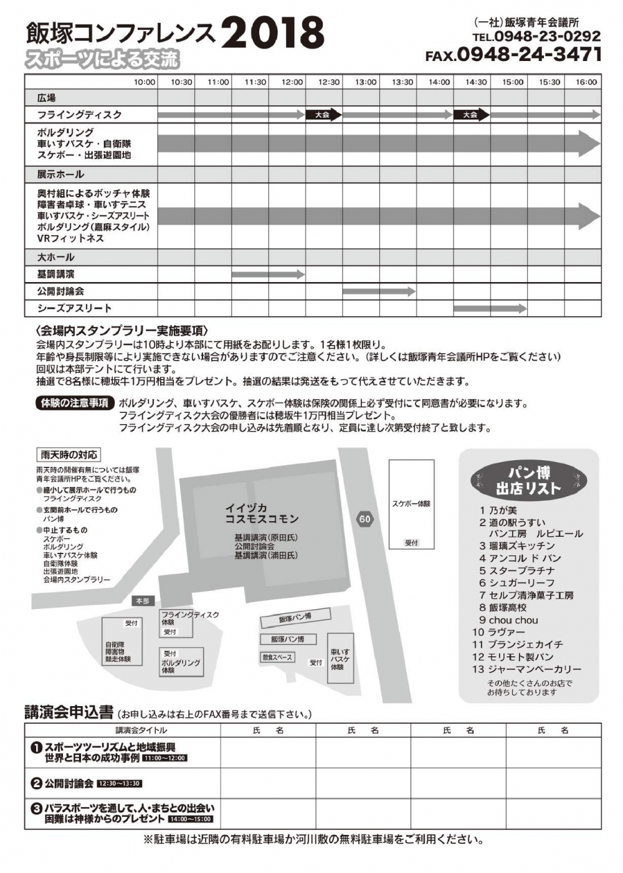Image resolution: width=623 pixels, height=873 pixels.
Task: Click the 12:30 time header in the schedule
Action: click(329, 82)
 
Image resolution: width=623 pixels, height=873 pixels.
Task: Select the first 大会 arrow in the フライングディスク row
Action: click(323, 115)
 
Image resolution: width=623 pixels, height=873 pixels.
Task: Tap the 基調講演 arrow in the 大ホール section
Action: click(268, 274)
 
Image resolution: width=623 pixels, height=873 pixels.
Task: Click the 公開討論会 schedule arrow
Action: click(379, 291)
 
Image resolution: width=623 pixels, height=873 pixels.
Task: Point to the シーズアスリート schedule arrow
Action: click(490, 308)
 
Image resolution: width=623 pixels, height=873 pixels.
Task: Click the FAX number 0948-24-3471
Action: click(530, 55)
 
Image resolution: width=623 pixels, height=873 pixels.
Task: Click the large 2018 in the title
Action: click(273, 32)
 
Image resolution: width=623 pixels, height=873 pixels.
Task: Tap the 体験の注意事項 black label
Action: click(74, 403)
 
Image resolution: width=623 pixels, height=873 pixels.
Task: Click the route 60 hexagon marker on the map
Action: click(364, 519)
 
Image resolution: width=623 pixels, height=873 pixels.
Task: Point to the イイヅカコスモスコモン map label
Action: click(262, 514)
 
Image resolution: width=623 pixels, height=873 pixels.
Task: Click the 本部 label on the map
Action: click(143, 601)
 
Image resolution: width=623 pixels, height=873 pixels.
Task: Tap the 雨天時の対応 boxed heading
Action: click(69, 455)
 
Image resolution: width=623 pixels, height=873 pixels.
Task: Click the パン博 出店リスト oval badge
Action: click(528, 480)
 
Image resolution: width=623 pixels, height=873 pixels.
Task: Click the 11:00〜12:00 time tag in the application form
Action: click(165, 758)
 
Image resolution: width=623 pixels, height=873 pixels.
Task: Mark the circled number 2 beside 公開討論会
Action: click(36, 783)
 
